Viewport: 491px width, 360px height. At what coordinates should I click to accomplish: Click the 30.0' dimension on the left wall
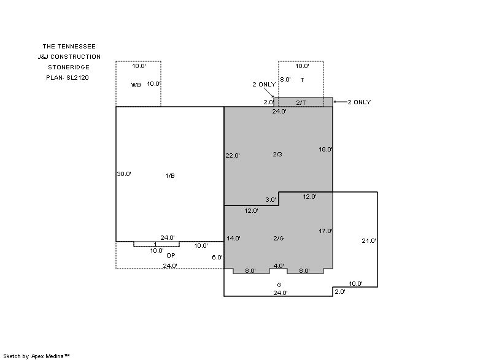click(124, 174)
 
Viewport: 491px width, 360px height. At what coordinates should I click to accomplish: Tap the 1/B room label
click(170, 176)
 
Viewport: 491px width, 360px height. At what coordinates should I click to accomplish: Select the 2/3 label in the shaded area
click(277, 154)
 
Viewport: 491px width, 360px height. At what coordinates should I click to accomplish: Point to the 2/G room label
click(279, 239)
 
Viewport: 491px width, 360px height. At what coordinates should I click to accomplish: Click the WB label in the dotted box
click(136, 85)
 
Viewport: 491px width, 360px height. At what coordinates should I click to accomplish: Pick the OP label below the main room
click(171, 256)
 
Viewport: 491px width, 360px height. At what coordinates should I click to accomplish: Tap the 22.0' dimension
click(233, 155)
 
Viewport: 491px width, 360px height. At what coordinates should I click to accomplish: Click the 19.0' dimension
click(326, 150)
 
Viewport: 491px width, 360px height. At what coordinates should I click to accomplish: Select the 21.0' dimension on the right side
click(369, 241)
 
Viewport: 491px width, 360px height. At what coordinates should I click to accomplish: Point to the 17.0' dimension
click(326, 231)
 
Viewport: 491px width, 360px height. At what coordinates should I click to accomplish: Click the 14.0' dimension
click(234, 239)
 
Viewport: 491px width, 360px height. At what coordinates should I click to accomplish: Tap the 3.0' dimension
click(271, 199)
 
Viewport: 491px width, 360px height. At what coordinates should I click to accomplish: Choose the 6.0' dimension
click(217, 258)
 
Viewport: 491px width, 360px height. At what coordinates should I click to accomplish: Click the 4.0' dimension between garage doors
click(279, 266)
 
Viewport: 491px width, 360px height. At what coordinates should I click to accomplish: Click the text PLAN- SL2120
click(68, 77)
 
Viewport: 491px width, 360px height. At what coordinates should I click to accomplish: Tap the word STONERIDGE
click(69, 67)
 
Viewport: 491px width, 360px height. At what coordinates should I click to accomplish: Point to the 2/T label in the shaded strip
click(301, 102)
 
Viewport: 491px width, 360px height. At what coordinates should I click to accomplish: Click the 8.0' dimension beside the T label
click(285, 80)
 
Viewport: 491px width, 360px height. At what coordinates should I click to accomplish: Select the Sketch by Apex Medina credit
click(36, 356)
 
